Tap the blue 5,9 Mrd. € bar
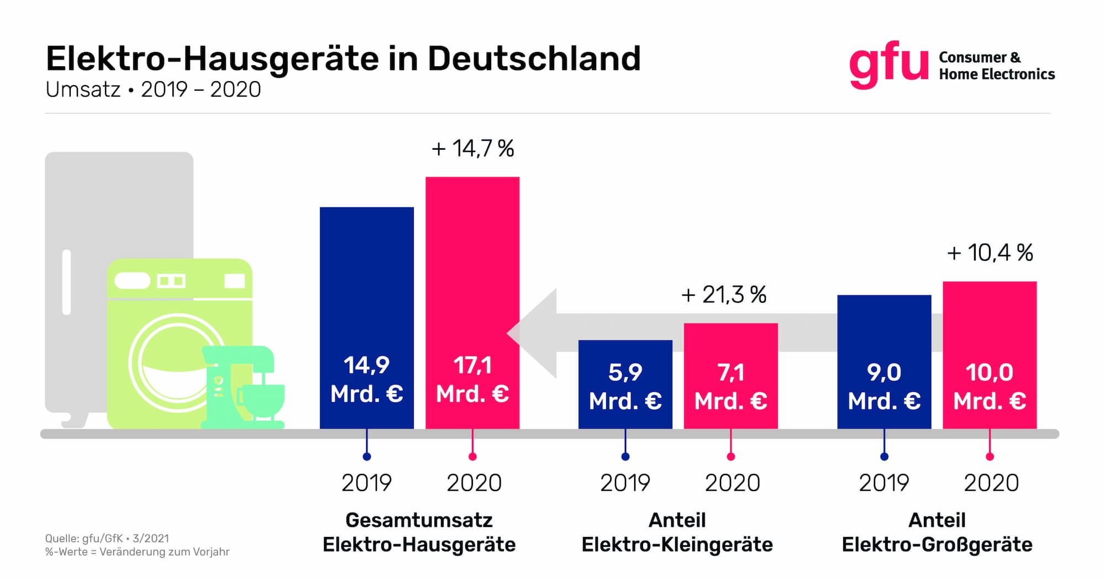click(625, 384)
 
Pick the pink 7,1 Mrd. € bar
click(731, 376)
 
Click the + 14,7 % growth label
click(473, 149)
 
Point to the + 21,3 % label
click(724, 295)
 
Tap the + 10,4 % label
click(990, 253)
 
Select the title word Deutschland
click(534, 59)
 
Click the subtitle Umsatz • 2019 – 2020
click(153, 89)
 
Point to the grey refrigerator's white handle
click(67, 282)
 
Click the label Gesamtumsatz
click(419, 520)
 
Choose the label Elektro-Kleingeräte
click(677, 545)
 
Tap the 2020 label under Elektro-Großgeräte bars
click(991, 483)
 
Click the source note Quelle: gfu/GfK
click(107, 539)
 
